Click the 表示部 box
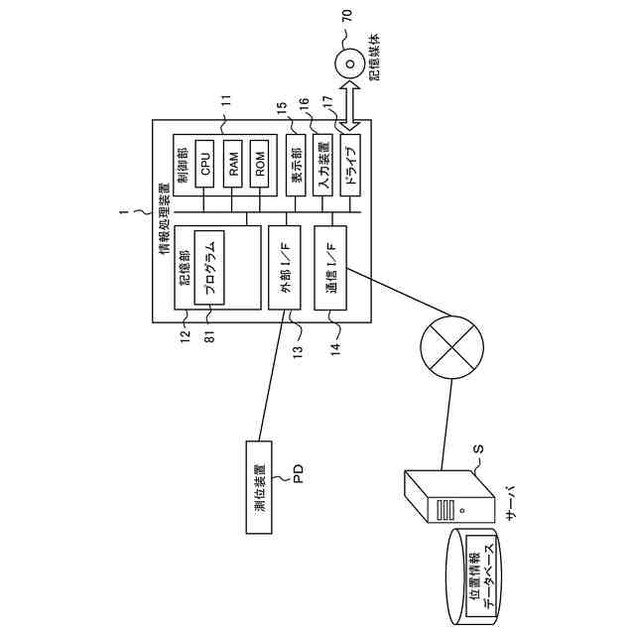(x=294, y=160)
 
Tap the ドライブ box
(x=348, y=160)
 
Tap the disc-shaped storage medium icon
(x=349, y=62)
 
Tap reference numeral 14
(x=335, y=346)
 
